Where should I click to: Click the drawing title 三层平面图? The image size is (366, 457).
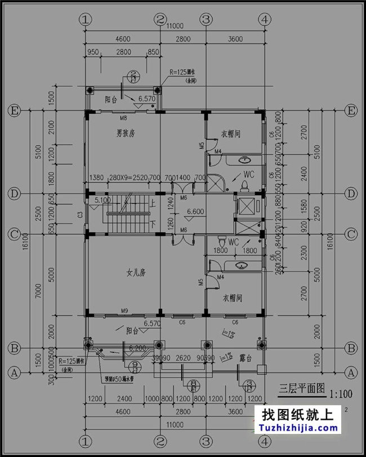pyautogui.click(x=303, y=388)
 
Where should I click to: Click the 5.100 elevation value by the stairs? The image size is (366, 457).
pyautogui.click(x=102, y=199)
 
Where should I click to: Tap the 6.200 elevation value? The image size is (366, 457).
pyautogui.click(x=138, y=348)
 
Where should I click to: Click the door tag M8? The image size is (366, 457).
pyautogui.click(x=123, y=118)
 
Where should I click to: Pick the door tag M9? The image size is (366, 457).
pyautogui.click(x=124, y=310)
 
